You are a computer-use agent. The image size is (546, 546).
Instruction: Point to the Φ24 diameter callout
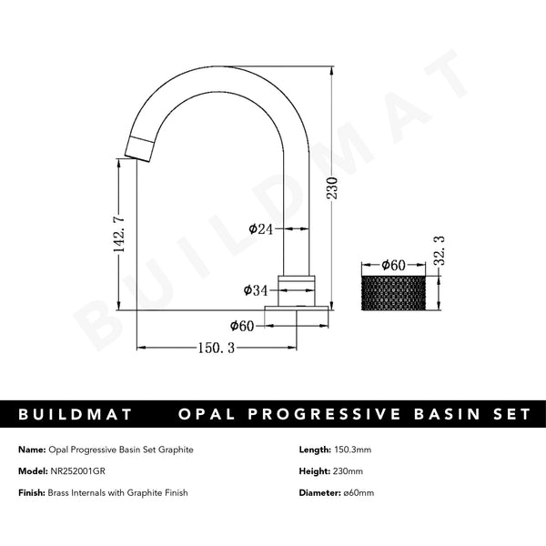[x=261, y=228]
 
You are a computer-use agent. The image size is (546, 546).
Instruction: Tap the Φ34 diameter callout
[x=256, y=290]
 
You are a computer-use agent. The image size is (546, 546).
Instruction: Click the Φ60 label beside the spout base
[x=242, y=324]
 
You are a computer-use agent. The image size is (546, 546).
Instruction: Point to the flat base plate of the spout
[x=297, y=314]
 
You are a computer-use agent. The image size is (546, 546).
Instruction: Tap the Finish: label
[x=32, y=492]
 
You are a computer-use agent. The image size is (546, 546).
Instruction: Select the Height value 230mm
[x=349, y=470]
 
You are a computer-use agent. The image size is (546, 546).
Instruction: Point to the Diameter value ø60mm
[x=357, y=492]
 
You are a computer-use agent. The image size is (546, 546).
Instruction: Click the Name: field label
[x=31, y=450]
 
